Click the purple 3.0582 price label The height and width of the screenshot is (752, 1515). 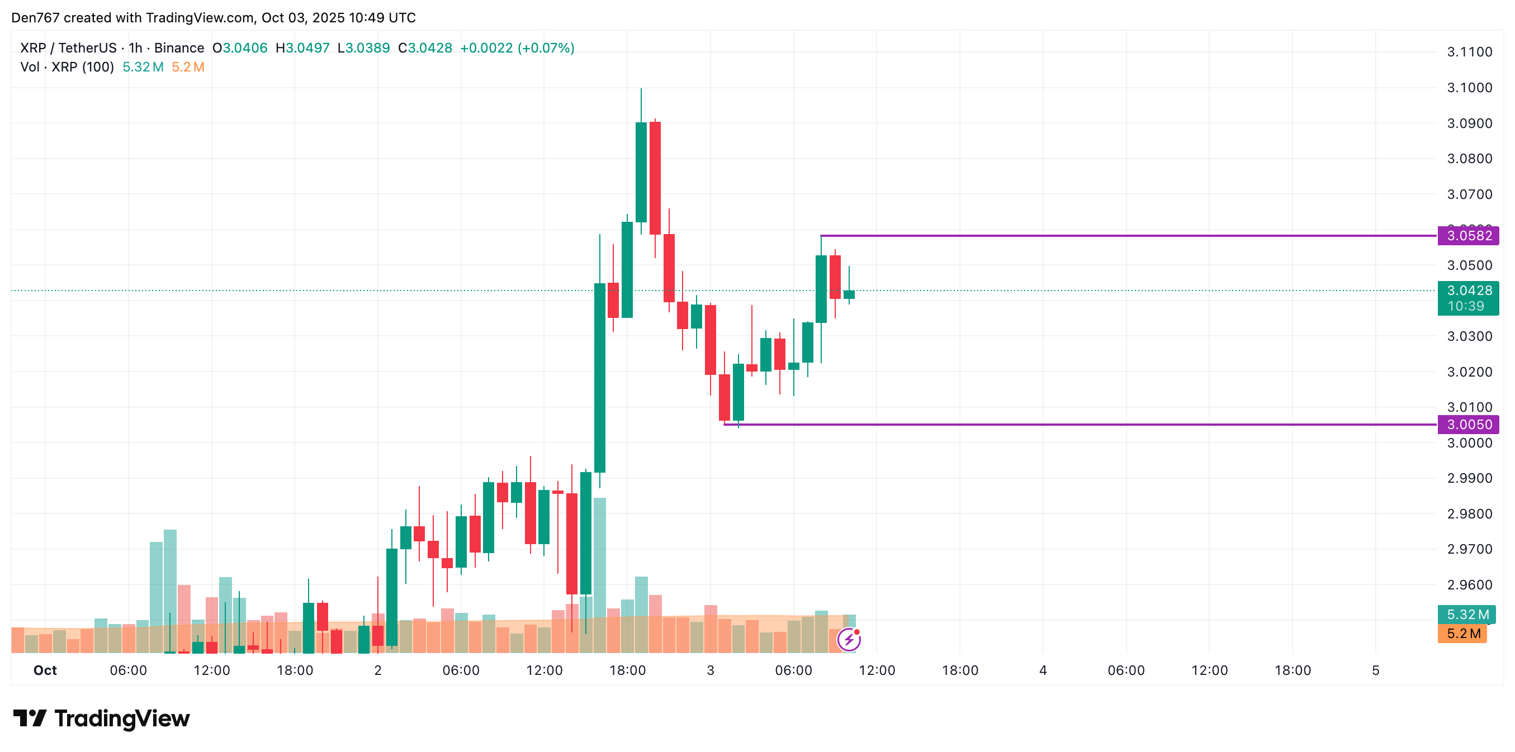(x=1468, y=236)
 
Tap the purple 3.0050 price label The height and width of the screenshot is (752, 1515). (x=1468, y=425)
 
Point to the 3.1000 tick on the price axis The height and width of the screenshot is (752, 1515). (x=1469, y=88)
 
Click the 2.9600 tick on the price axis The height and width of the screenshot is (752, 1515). (x=1469, y=585)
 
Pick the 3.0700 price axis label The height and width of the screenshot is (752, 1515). (x=1469, y=194)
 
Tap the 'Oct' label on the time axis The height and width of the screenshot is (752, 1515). (x=45, y=670)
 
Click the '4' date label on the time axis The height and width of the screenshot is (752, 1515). (x=1043, y=670)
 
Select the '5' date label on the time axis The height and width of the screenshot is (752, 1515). (x=1376, y=670)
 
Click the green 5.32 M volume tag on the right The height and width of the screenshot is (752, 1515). (x=1467, y=615)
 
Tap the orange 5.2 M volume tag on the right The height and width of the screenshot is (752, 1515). (x=1462, y=634)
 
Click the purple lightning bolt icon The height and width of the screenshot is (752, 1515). (x=849, y=639)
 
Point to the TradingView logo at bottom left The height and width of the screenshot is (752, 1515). (x=102, y=718)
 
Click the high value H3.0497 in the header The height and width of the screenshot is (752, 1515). (x=302, y=48)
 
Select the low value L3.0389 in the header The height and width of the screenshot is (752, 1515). (x=363, y=48)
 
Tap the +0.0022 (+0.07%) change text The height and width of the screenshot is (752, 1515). (x=517, y=48)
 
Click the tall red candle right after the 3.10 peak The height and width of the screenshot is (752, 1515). (x=655, y=178)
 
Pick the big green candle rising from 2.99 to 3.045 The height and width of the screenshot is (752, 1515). (x=600, y=378)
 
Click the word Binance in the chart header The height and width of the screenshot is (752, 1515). (x=179, y=48)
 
